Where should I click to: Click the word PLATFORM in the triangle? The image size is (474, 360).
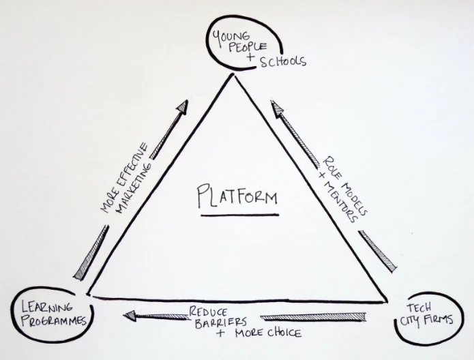coord(236,198)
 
